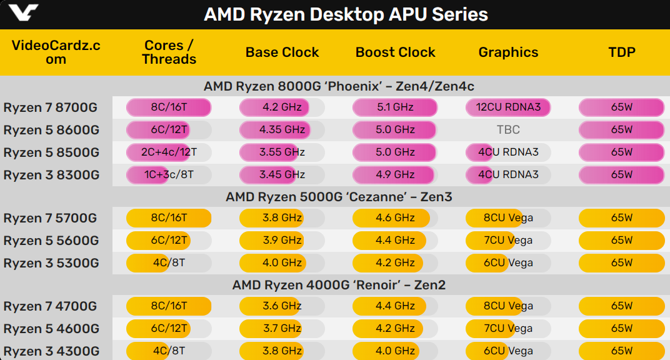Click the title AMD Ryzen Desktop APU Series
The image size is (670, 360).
pos(346,14)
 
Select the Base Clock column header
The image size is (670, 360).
pos(282,52)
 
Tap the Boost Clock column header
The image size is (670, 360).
pos(395,52)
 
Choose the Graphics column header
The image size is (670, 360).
pos(508,52)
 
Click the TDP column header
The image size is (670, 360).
pos(621,52)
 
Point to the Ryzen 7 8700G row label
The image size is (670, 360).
pos(50,107)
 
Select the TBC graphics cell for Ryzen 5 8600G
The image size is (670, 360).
pos(508,130)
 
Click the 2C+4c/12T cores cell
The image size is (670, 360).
pos(169,152)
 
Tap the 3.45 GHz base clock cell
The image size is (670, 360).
pos(282,175)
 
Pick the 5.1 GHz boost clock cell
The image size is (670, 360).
pos(395,107)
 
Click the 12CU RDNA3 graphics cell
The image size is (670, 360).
pos(508,107)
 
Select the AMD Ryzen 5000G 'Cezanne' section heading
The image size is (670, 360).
pos(339,197)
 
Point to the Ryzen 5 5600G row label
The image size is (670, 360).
pos(51,241)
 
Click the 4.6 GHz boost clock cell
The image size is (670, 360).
pos(395,218)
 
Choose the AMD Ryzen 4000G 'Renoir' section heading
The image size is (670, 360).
pos(339,286)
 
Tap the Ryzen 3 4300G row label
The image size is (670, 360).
pos(51,351)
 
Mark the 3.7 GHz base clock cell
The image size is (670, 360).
pos(282,329)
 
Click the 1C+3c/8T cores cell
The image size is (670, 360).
pos(169,175)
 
